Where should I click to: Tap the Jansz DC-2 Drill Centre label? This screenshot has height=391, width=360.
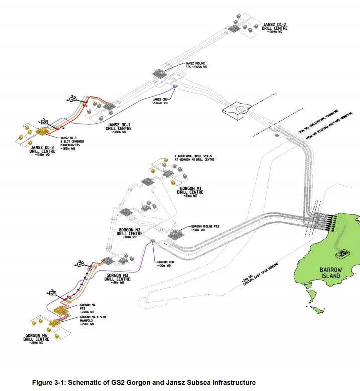pyautogui.click(x=274, y=27)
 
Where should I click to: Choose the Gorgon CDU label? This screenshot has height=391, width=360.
pyautogui.click(x=165, y=264)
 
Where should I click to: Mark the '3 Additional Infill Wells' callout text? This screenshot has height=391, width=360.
pyautogui.click(x=194, y=158)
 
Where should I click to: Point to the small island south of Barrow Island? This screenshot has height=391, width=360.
pyautogui.click(x=314, y=309)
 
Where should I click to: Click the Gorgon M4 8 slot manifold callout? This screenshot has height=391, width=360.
pyautogui.click(x=93, y=319)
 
